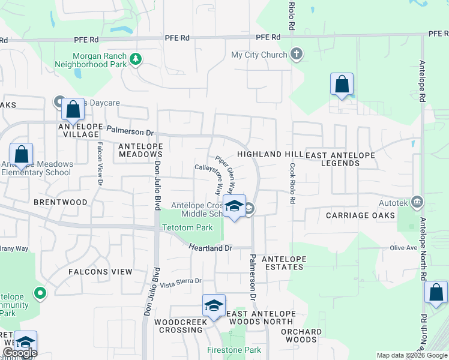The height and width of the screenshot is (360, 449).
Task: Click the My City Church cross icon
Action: pyautogui.click(x=295, y=55)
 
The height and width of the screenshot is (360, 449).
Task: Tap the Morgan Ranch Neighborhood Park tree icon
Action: pyautogui.click(x=137, y=58)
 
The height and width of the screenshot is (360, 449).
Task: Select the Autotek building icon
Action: pyautogui.click(x=418, y=201)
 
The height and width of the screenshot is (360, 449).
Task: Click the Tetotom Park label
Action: pyautogui.click(x=187, y=228)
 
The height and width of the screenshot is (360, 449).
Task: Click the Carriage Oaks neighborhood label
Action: pyautogui.click(x=360, y=215)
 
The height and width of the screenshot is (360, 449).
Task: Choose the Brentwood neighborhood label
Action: pyautogui.click(x=61, y=202)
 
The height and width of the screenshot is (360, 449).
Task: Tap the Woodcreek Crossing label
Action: pyautogui.click(x=180, y=326)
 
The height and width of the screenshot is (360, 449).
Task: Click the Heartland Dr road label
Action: pyautogui.click(x=210, y=247)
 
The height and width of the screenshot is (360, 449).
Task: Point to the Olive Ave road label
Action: pyautogui.click(x=403, y=247)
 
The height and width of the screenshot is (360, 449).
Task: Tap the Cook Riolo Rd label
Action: pyautogui.click(x=292, y=183)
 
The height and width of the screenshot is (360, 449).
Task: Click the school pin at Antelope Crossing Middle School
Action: pyautogui.click(x=234, y=207)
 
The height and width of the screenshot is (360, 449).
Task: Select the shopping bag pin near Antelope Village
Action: pyautogui.click(x=73, y=110)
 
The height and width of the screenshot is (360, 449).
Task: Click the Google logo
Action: pyautogui.click(x=20, y=353)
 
